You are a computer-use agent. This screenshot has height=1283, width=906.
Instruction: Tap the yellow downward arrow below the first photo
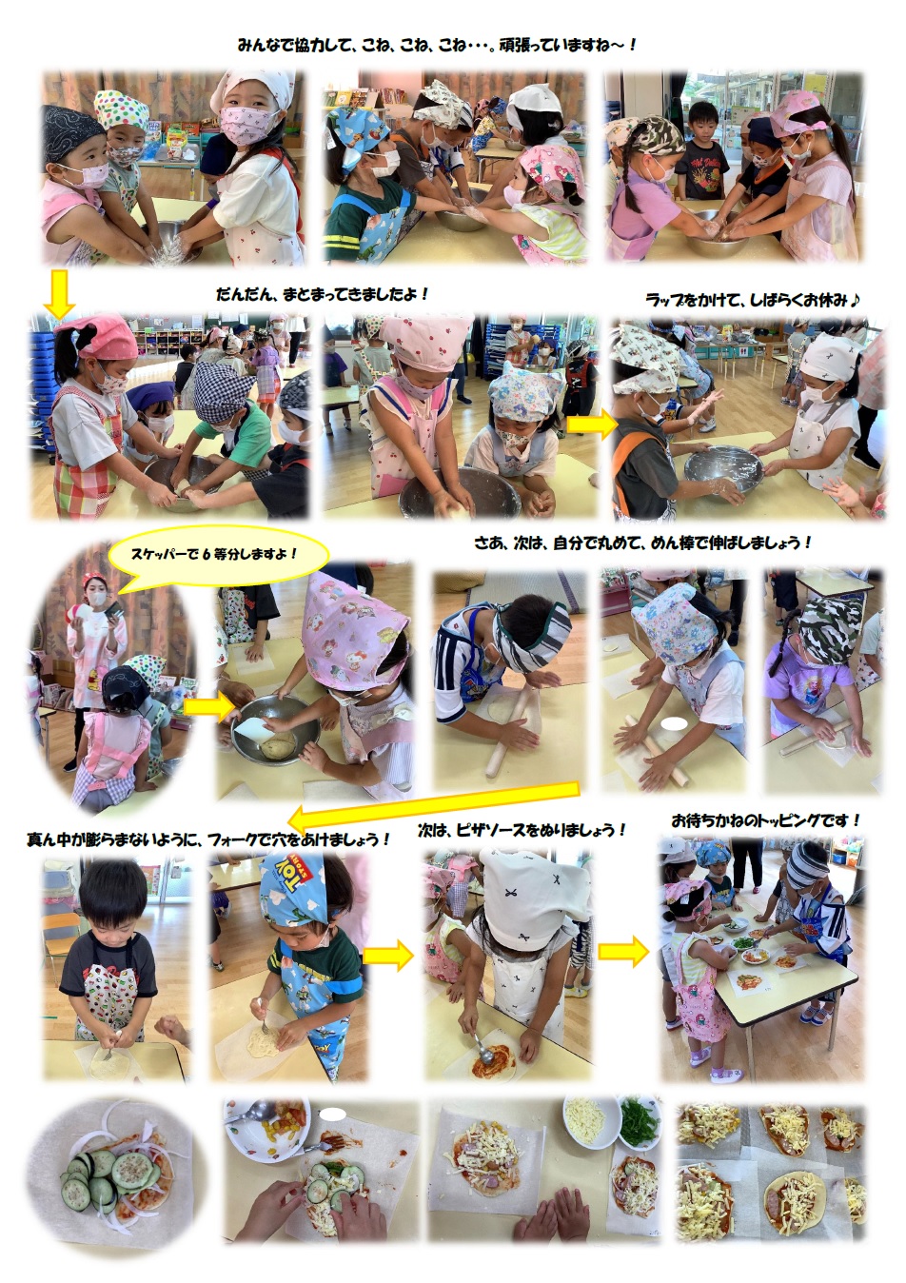tap(59, 294)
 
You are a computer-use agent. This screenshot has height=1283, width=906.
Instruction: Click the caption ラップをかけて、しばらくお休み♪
tap(752, 299)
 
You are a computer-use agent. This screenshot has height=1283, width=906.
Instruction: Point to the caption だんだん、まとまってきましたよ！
tap(323, 294)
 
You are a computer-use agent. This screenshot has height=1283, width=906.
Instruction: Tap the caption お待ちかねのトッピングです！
tap(766, 820)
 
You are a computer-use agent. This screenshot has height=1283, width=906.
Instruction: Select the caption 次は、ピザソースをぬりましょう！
tap(522, 830)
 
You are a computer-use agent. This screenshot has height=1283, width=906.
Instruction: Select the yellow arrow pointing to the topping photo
tap(623, 952)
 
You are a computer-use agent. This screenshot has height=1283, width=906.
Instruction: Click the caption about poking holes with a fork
tap(209, 839)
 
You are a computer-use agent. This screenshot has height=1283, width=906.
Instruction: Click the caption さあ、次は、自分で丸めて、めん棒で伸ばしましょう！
tap(642, 543)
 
